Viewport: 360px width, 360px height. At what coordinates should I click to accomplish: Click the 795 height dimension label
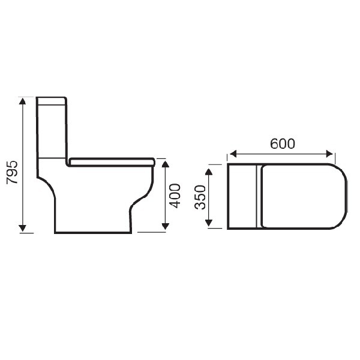[12, 173]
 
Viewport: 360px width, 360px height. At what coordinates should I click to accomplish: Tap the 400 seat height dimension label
[175, 196]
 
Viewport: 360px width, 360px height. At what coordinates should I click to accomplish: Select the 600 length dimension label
[283, 144]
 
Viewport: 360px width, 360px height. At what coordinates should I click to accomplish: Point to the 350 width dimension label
[200, 197]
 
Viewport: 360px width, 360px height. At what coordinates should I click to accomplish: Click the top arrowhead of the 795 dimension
[22, 101]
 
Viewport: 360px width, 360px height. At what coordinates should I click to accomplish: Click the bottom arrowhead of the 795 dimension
[22, 228]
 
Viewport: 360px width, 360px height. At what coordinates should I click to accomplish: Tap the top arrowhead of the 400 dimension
[166, 164]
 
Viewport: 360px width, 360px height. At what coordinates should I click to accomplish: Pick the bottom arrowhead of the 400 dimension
[166, 226]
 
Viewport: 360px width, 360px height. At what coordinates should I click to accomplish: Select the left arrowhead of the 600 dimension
[233, 154]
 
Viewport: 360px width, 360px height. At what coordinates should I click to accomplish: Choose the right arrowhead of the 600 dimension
[329, 154]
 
